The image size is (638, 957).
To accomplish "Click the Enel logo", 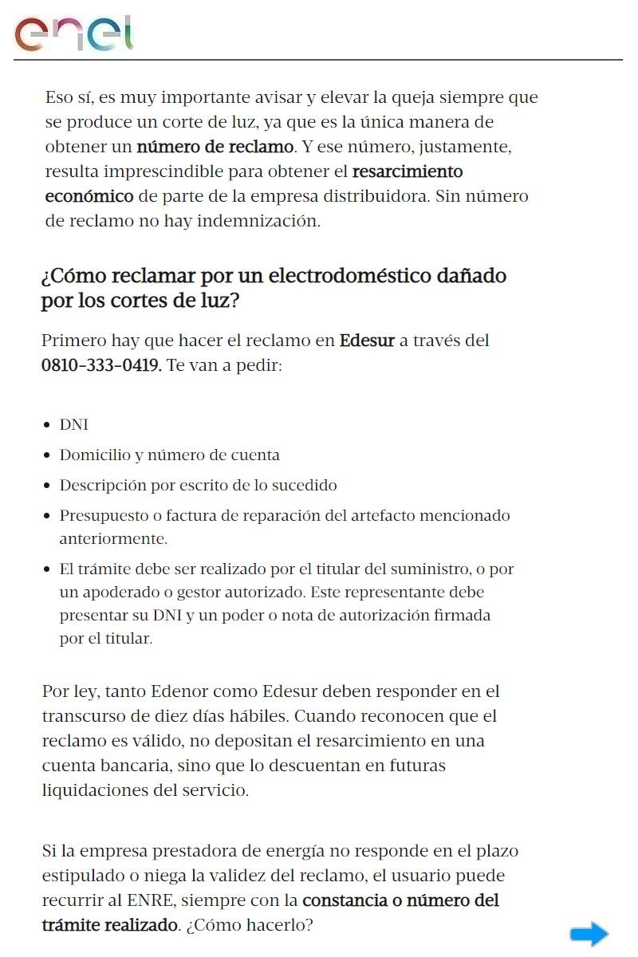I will pos(73,33).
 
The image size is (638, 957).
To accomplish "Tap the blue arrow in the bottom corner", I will pos(589,934).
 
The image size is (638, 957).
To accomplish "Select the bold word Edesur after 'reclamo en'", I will pos(367,341).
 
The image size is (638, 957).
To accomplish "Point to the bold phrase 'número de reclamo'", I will pos(215,147).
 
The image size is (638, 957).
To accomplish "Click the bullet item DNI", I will pos(74,425).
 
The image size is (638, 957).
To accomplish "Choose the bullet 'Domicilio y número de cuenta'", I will pos(169,455).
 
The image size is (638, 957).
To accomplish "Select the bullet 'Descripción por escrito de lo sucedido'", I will pos(198,486).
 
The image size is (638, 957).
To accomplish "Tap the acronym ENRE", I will pos(148,900).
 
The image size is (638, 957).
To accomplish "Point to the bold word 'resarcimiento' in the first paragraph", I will pos(407,171).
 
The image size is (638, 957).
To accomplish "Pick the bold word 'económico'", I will pos(89,196).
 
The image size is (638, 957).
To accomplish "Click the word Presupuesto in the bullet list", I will pos(102,516).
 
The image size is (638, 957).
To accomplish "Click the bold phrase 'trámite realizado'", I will pos(109,925).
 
